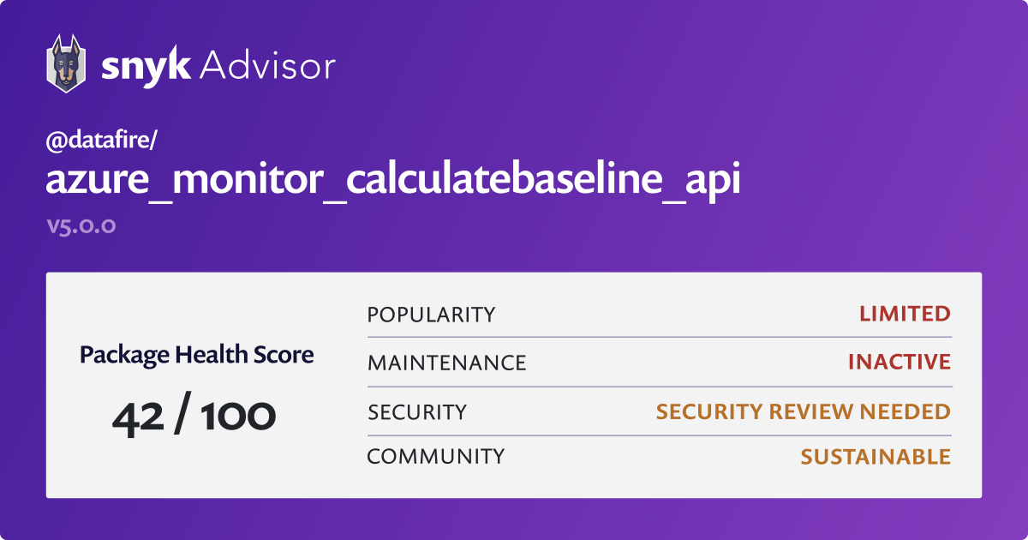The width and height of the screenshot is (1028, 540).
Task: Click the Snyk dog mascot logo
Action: (x=66, y=63)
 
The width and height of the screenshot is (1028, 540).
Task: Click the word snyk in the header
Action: (x=146, y=67)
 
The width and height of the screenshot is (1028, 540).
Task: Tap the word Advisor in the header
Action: (x=267, y=66)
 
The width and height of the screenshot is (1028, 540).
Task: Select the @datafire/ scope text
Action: (x=101, y=140)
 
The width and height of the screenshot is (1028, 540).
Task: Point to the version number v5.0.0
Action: (x=81, y=225)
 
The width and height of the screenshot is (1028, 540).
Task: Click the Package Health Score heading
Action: (x=197, y=355)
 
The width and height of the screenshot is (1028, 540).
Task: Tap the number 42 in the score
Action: (x=138, y=418)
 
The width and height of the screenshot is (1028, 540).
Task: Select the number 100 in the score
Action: (x=238, y=416)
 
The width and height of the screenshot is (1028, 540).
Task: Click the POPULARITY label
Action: (x=432, y=315)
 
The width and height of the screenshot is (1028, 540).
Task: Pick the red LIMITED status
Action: (x=905, y=314)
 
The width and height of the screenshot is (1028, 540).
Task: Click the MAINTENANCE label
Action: (x=447, y=363)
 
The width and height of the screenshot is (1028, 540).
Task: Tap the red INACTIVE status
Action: (x=899, y=362)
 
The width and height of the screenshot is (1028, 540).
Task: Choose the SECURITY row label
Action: (x=417, y=412)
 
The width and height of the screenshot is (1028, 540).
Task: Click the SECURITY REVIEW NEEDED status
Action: (x=804, y=412)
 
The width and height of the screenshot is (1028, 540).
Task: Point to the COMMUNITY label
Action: (x=436, y=457)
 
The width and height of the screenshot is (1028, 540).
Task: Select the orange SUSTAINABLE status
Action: (x=876, y=457)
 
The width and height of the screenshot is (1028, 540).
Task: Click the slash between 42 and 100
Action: (x=182, y=413)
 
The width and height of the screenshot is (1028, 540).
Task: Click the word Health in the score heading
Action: (x=211, y=355)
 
